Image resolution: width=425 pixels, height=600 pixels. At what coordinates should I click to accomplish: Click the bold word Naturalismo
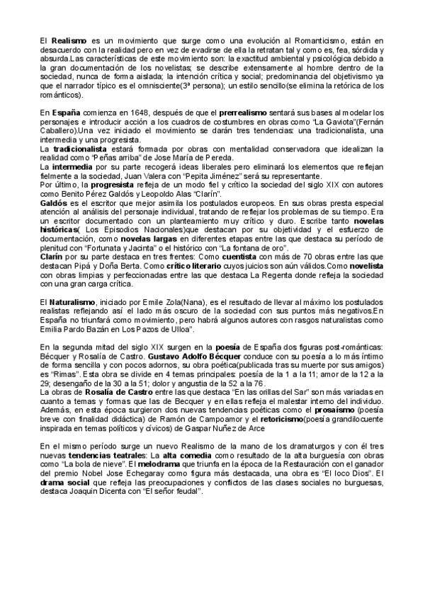point(73,306)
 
